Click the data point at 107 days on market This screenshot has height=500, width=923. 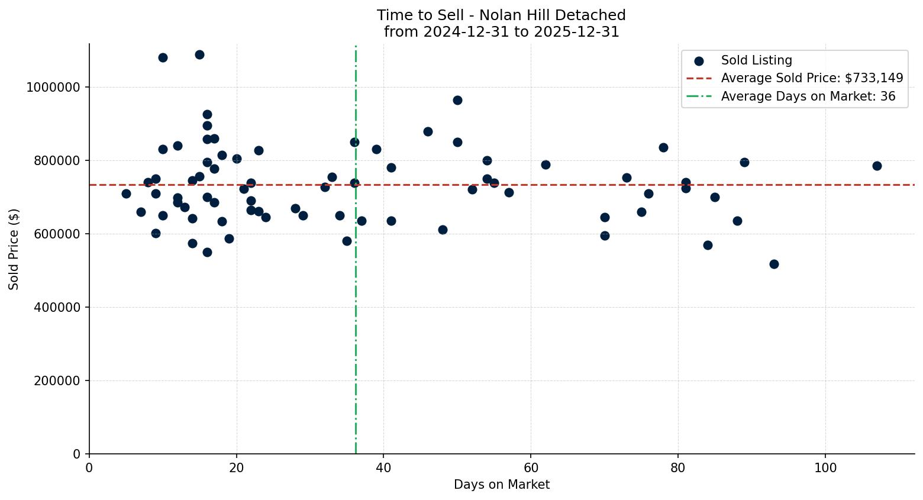[x=877, y=166]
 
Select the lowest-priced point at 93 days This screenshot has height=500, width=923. [x=774, y=264]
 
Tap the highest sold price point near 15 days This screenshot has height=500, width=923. [x=199, y=54]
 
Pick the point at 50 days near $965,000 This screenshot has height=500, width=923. [x=457, y=100]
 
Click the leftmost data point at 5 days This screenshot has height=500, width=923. [x=126, y=193]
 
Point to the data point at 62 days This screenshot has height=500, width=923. [x=546, y=164]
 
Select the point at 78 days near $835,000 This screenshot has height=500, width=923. [x=663, y=147]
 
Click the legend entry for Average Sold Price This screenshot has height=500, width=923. [x=812, y=78]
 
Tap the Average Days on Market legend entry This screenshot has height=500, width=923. [x=808, y=96]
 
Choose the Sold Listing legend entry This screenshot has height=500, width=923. [x=756, y=60]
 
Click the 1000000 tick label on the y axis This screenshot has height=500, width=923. [x=53, y=88]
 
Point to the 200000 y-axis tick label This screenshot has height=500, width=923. [x=57, y=381]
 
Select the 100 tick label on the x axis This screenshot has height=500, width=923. [x=825, y=467]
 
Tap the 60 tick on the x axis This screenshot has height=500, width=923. [x=531, y=467]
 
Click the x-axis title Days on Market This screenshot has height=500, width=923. [x=501, y=485]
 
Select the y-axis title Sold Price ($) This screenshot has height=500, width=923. [x=14, y=249]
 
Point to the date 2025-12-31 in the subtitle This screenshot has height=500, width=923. [x=576, y=32]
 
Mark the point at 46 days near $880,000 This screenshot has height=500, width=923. [x=428, y=131]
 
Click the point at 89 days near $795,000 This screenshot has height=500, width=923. [x=744, y=162]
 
